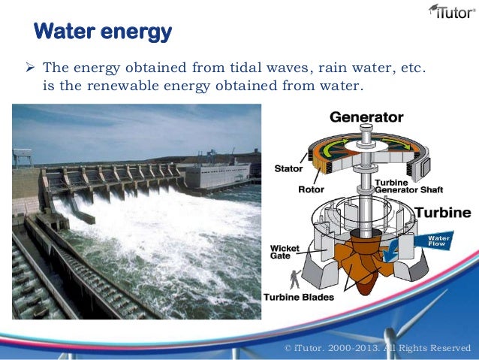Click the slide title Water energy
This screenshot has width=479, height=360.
(103, 32)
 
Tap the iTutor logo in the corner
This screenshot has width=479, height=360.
(450, 11)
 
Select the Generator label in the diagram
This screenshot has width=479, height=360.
(366, 117)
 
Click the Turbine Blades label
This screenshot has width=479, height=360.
(298, 297)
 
